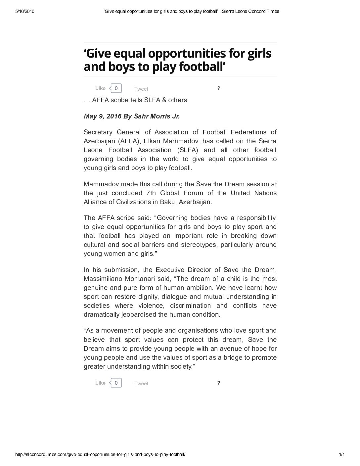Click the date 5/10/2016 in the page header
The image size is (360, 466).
click(x=25, y=11)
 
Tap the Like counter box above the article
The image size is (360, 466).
click(x=116, y=88)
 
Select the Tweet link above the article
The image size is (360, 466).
click(x=141, y=89)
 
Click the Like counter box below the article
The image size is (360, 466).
click(x=116, y=383)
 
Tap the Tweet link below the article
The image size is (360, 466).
click(x=141, y=384)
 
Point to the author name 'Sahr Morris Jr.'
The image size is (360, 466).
click(x=157, y=117)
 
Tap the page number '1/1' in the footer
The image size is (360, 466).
click(x=342, y=455)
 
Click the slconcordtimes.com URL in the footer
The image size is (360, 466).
click(x=100, y=455)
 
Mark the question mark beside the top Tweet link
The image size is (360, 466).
click(x=219, y=88)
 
